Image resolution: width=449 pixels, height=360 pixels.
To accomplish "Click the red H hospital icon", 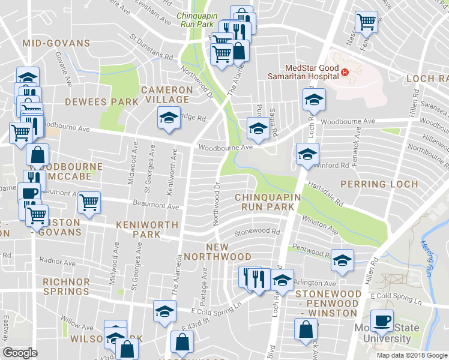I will click(x=345, y=73).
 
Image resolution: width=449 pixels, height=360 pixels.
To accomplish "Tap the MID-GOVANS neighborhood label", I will click(x=56, y=43).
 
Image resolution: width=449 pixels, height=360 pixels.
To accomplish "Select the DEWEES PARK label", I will click(x=101, y=102).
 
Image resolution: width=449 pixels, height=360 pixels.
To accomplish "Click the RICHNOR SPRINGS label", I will click(x=66, y=287).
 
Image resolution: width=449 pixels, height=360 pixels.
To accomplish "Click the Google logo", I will click(x=20, y=352).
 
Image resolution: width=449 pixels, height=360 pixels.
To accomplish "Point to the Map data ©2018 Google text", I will click(x=412, y=355).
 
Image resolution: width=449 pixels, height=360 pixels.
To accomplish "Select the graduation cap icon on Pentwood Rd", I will click(x=342, y=260).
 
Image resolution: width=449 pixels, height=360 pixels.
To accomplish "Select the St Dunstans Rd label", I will click(x=151, y=46).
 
